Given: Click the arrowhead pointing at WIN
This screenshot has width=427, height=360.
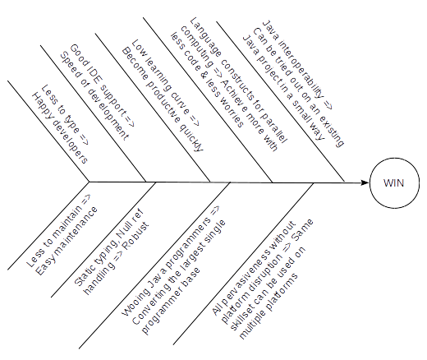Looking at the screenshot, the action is tap(365, 182).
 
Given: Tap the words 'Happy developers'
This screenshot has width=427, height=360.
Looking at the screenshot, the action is tap(60, 128).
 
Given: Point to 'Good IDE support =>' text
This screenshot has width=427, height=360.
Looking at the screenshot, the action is tap(102, 85).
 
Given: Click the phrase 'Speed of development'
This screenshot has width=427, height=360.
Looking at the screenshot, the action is tap(94, 96).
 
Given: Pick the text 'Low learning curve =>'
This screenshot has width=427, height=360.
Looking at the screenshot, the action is tap(165, 83).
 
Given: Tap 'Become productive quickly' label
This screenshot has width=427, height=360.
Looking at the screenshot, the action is tap(163, 99).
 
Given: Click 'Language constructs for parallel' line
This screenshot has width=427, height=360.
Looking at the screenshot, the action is tap(238, 81).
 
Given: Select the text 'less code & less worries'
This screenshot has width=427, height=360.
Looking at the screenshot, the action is tap(207, 81).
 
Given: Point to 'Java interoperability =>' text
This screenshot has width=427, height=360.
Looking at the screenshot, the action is tap(297, 65).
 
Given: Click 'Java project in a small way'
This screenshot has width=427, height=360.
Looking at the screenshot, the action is tap(283, 87).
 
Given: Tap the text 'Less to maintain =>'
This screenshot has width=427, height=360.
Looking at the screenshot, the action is tap(58, 230).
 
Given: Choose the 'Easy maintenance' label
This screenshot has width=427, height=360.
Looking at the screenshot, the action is tap(67, 241).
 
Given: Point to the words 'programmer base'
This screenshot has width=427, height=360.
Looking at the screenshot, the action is tap(171, 302).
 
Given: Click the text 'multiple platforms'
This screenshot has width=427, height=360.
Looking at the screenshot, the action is tap(268, 306).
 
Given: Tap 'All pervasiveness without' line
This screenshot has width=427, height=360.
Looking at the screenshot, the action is tap(254, 268).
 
